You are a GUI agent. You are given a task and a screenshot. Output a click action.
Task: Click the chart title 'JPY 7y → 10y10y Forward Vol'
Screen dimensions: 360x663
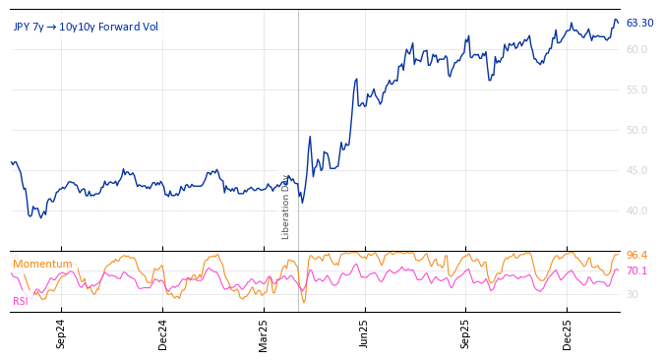point(86,27)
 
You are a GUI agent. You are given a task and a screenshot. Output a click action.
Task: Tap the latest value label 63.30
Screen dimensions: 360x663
point(639,23)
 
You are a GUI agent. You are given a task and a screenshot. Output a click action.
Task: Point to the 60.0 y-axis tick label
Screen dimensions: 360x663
point(636,49)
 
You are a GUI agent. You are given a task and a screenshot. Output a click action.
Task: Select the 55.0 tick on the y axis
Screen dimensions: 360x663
point(636,90)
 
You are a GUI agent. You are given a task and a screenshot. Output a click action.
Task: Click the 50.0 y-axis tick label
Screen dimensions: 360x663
point(636,130)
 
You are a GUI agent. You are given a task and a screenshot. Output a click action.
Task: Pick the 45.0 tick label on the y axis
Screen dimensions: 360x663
point(636,170)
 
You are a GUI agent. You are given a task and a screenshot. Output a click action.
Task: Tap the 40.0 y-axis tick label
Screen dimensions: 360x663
point(636,210)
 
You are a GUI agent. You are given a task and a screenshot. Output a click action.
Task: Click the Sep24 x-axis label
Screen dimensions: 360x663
point(61,333)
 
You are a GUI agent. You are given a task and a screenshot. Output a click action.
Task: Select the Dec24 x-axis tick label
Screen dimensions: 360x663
point(163,333)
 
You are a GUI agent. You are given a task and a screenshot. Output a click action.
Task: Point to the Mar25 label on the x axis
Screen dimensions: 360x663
point(264,333)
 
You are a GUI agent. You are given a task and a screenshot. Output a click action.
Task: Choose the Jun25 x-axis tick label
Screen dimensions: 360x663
point(364,333)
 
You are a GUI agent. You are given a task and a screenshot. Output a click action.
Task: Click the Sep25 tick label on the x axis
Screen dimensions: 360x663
point(465,333)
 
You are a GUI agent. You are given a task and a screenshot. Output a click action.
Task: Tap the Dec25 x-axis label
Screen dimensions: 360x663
point(568,333)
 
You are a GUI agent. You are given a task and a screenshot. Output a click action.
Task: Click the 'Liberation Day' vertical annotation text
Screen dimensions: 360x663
point(286,207)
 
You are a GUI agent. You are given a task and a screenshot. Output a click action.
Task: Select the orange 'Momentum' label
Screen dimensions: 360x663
point(42,264)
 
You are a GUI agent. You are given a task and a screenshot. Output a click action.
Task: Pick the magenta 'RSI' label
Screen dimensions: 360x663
point(20,301)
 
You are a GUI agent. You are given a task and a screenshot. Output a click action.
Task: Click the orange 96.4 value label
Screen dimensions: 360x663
point(636,256)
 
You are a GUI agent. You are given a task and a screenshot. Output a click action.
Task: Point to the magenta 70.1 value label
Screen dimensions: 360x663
point(636,270)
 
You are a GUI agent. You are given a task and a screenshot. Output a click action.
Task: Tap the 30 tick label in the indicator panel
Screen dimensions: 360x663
point(632,294)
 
